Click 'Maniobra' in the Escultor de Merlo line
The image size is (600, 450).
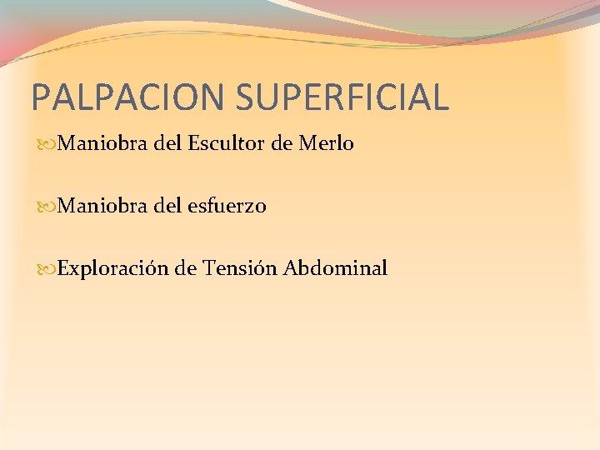[x=103, y=144]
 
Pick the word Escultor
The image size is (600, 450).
[x=225, y=144]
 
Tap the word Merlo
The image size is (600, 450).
[x=326, y=144]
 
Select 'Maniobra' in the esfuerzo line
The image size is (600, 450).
[x=103, y=206]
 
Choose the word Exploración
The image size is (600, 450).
[x=113, y=268]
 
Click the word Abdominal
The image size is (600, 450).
[x=335, y=268]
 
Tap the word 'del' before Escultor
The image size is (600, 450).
[x=168, y=144]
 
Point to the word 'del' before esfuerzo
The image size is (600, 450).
[x=168, y=206]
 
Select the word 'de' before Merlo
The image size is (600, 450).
[x=282, y=144]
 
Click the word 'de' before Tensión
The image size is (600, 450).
[x=185, y=268]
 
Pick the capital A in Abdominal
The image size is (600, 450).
[x=290, y=268]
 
